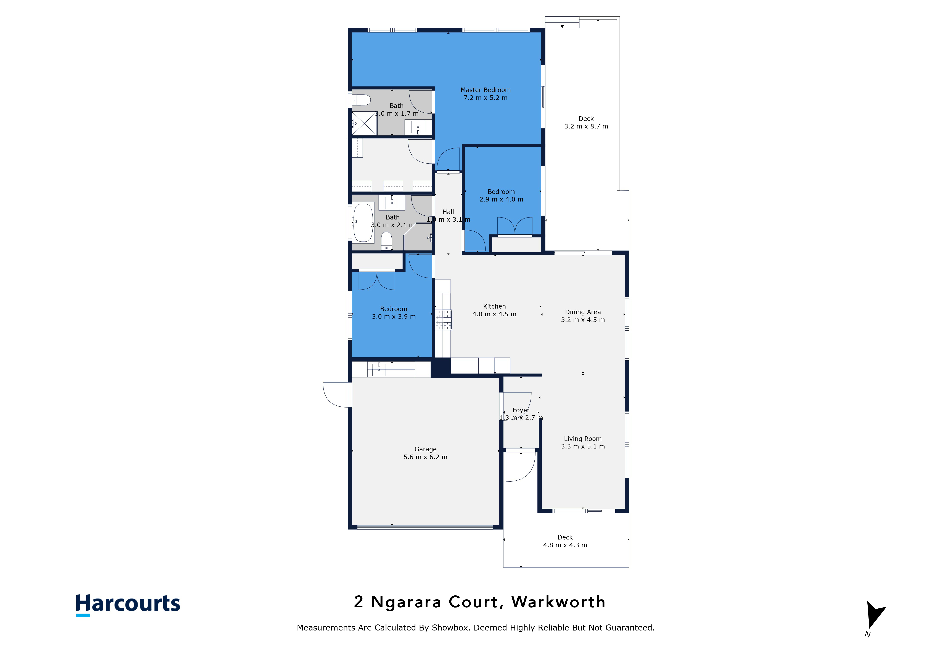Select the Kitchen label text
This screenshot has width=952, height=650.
[x=494, y=306]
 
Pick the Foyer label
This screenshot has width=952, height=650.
[x=521, y=410]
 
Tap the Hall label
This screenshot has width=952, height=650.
[x=448, y=212]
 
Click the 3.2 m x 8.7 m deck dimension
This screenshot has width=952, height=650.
[x=586, y=126]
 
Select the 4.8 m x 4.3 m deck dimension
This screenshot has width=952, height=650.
[x=565, y=545]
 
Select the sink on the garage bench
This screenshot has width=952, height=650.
[x=379, y=369]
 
